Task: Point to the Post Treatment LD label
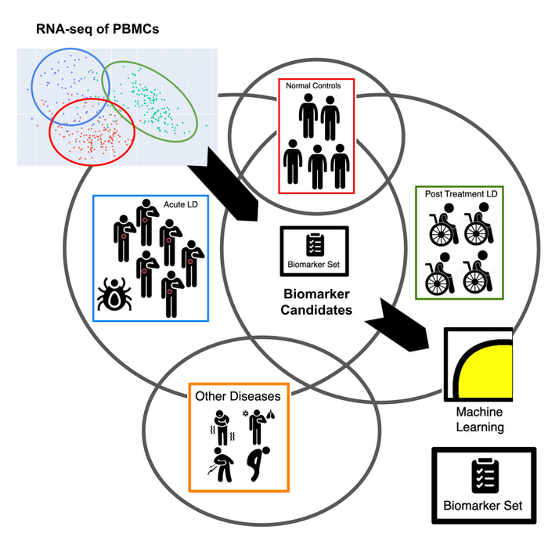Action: (461, 193)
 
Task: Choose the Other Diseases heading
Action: (239, 395)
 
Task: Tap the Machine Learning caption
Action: (478, 420)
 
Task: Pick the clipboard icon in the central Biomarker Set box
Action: (315, 243)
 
